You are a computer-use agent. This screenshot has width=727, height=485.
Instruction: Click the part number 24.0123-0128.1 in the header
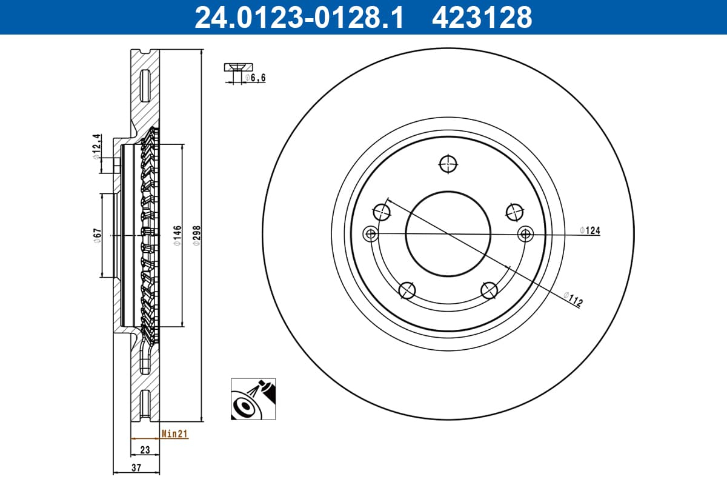point(299,17)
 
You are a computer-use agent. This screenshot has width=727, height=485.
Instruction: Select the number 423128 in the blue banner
point(482,17)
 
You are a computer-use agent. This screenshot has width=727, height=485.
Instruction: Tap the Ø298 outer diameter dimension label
point(197,235)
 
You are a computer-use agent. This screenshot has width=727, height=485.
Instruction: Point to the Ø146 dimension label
point(177,235)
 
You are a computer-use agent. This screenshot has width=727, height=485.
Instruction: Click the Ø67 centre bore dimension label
point(98,235)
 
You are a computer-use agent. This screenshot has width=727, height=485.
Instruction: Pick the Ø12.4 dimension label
point(97,147)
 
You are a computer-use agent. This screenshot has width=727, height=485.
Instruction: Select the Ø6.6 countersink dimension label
point(256,78)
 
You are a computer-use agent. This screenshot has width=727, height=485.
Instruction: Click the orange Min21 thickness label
point(174,433)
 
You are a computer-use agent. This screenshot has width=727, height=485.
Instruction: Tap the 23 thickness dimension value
point(145,450)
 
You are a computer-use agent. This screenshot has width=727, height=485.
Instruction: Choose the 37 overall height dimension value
point(136,467)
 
